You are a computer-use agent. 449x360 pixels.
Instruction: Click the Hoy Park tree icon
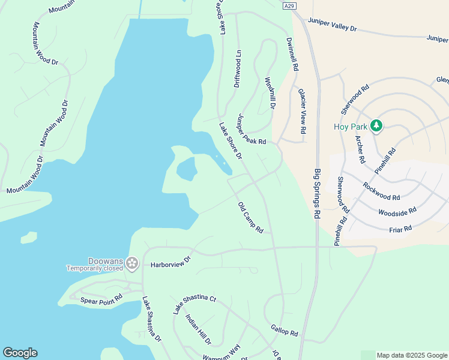pyautogui.click(x=376, y=125)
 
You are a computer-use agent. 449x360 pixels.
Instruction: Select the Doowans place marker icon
pyautogui.click(x=132, y=263)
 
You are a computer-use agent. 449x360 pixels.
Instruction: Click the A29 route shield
pyautogui.click(x=290, y=6)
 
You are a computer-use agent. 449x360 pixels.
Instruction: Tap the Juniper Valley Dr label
pyautogui.click(x=333, y=25)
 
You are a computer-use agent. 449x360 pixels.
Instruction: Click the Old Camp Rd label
pyautogui.click(x=251, y=217)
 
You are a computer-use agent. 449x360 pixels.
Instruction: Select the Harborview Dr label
pyautogui.click(x=170, y=263)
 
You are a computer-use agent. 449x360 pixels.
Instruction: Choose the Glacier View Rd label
pyautogui.click(x=302, y=111)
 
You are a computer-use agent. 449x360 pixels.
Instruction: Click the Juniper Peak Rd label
pyautogui.click(x=251, y=129)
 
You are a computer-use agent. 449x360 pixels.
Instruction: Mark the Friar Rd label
pyautogui.click(x=400, y=228)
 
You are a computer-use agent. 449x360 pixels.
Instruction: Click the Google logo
pyautogui.click(x=20, y=353)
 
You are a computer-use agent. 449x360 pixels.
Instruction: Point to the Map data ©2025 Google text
pyautogui.click(x=411, y=355)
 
